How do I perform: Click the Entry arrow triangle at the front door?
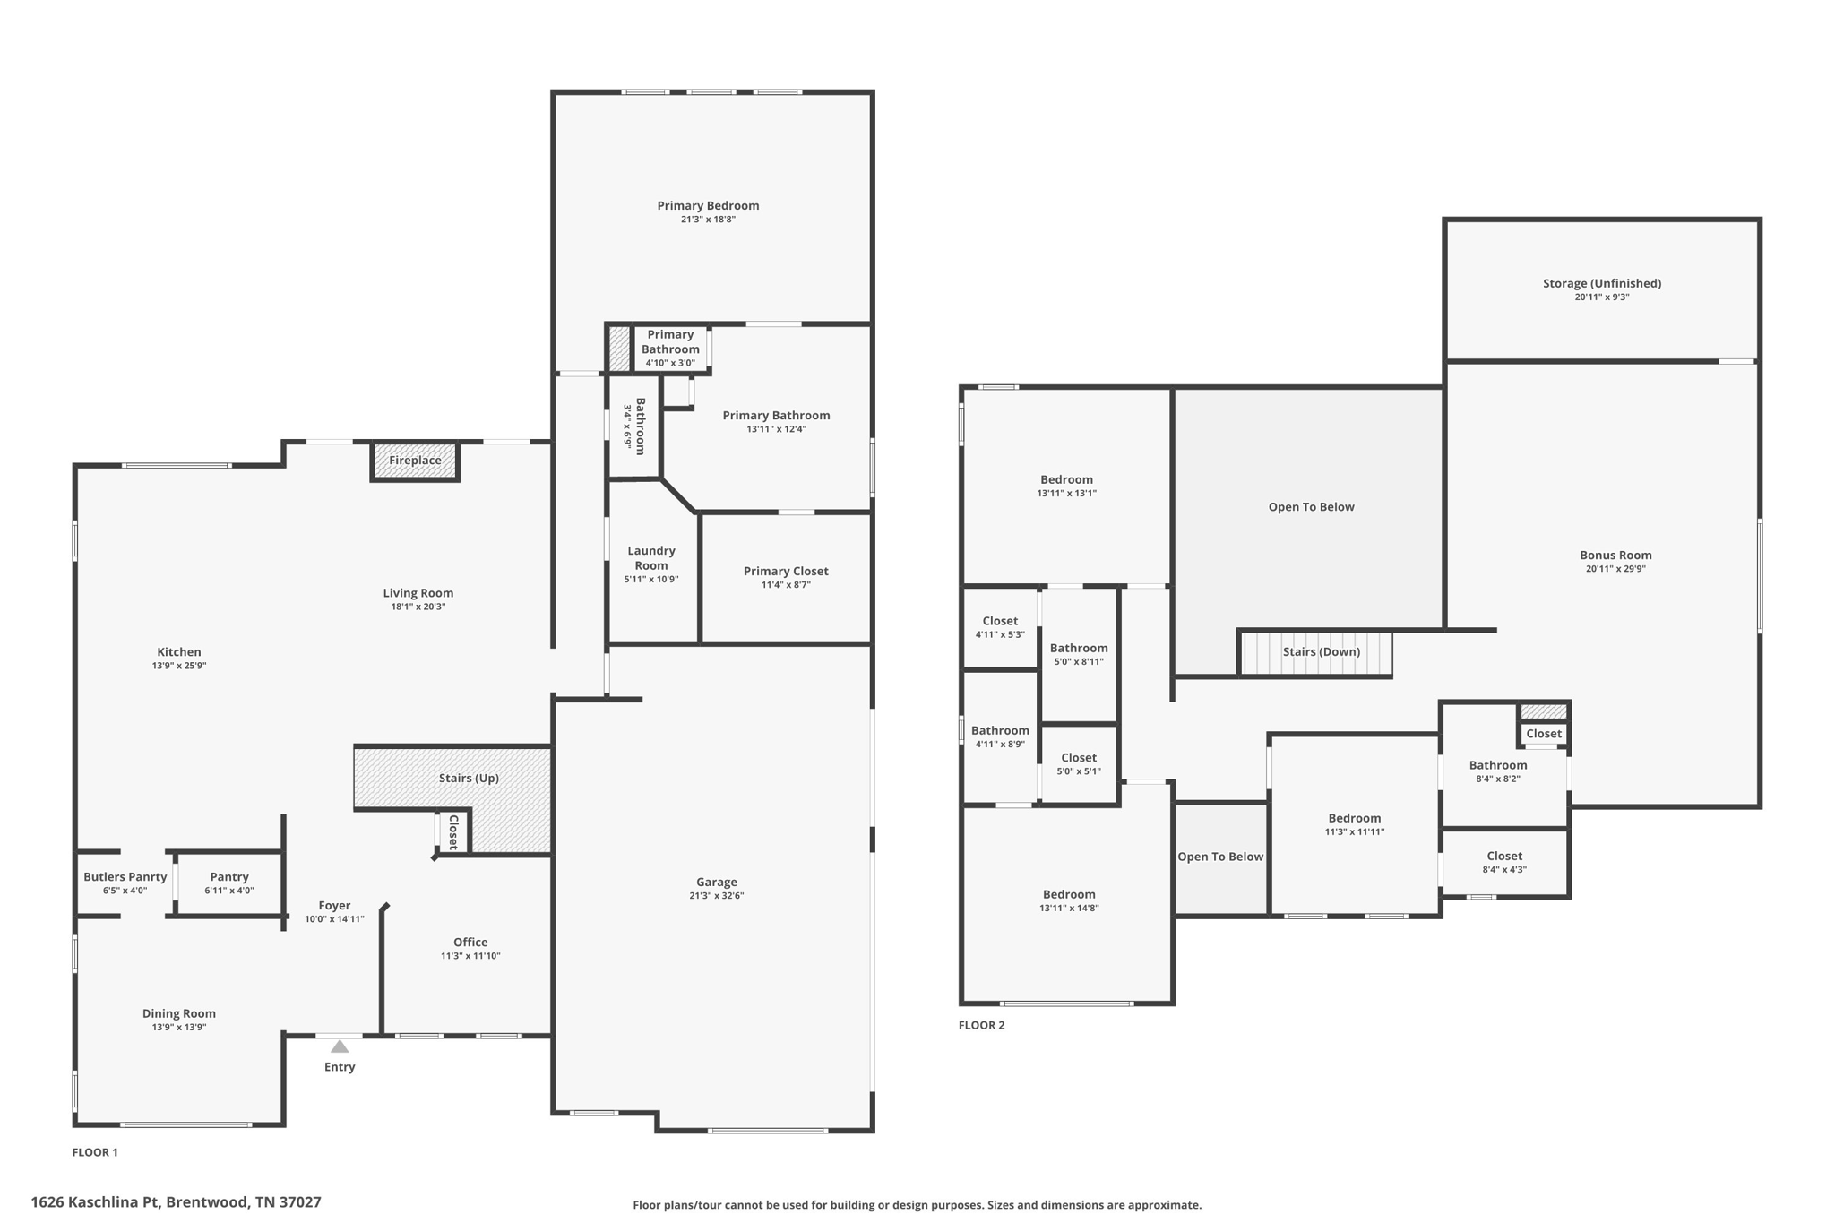click(x=340, y=1046)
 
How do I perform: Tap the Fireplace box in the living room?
click(x=415, y=461)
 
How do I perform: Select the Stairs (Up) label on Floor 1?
click(x=469, y=778)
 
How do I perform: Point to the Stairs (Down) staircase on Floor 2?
click(x=1315, y=653)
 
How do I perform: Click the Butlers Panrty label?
click(x=125, y=876)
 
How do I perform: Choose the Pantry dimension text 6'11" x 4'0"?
click(x=229, y=891)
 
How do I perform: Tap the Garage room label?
click(x=717, y=882)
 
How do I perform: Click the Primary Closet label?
click(x=786, y=571)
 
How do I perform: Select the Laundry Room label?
click(x=651, y=557)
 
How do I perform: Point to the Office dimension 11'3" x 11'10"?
click(x=470, y=956)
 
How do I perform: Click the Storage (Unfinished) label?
click(x=1602, y=283)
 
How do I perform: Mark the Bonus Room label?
click(x=1615, y=555)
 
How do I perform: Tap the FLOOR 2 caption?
click(x=982, y=1025)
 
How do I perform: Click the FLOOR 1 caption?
click(x=95, y=1152)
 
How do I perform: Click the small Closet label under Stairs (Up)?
click(x=453, y=832)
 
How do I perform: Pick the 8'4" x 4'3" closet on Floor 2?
click(x=1504, y=863)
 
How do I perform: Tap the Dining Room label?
click(x=179, y=1013)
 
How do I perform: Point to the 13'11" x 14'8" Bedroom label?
click(x=1069, y=894)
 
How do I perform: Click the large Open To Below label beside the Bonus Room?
click(x=1311, y=507)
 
